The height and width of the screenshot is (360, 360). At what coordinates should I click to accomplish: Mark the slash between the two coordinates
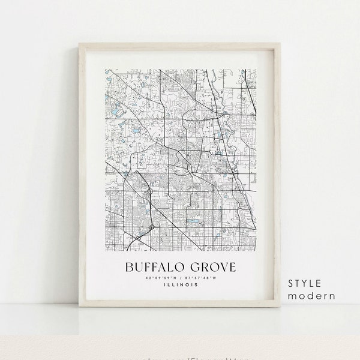(x=181, y=277)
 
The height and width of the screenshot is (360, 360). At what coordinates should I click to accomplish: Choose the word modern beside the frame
(x=311, y=296)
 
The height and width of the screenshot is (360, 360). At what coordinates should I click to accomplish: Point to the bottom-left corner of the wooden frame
(x=79, y=307)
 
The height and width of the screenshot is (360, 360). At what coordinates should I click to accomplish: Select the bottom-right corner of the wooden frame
(x=281, y=307)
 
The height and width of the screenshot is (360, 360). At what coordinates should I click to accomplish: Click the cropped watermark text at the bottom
(x=180, y=357)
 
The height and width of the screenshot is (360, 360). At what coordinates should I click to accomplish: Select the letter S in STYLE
(x=292, y=283)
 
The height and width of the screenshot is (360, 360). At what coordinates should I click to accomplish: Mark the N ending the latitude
(x=175, y=277)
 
